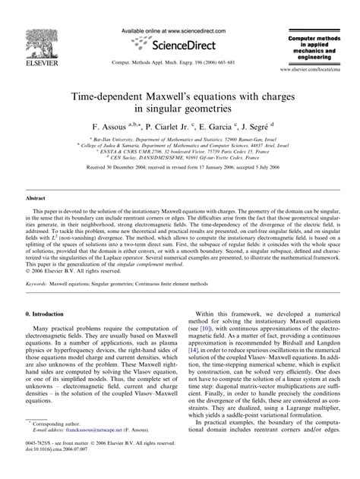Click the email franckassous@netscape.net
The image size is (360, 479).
coord(108,451)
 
